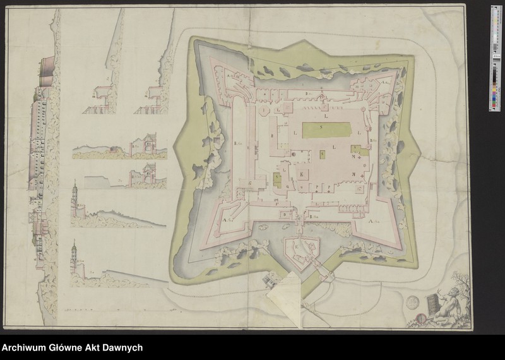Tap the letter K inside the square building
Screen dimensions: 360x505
(302, 172)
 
